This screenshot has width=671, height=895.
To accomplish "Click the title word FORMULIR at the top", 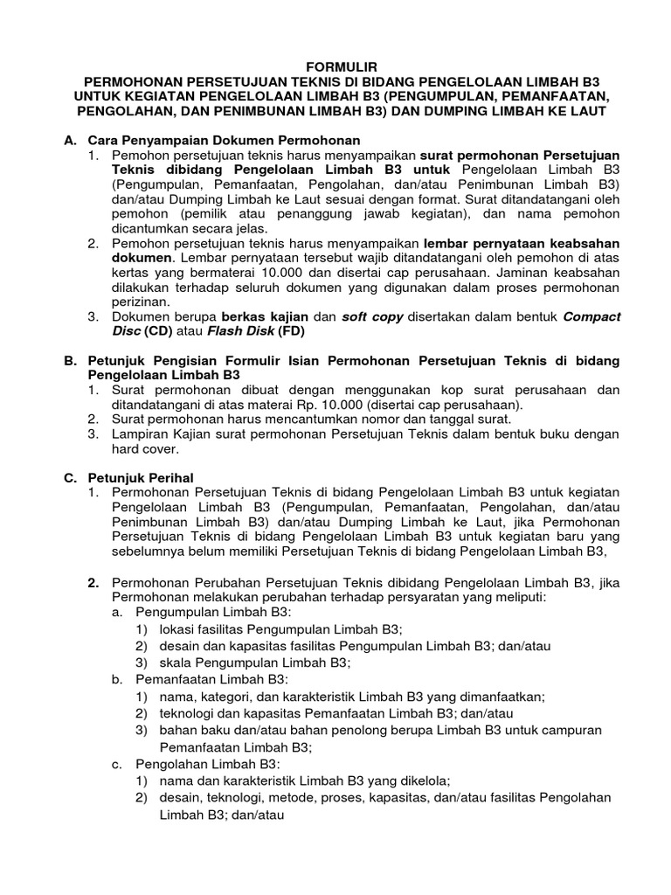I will tap(335, 66).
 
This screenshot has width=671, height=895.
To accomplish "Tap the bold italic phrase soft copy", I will tap(372, 316).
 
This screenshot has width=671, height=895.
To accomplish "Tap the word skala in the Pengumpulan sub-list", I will tap(175, 663).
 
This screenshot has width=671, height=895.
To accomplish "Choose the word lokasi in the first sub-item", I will tap(176, 629).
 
